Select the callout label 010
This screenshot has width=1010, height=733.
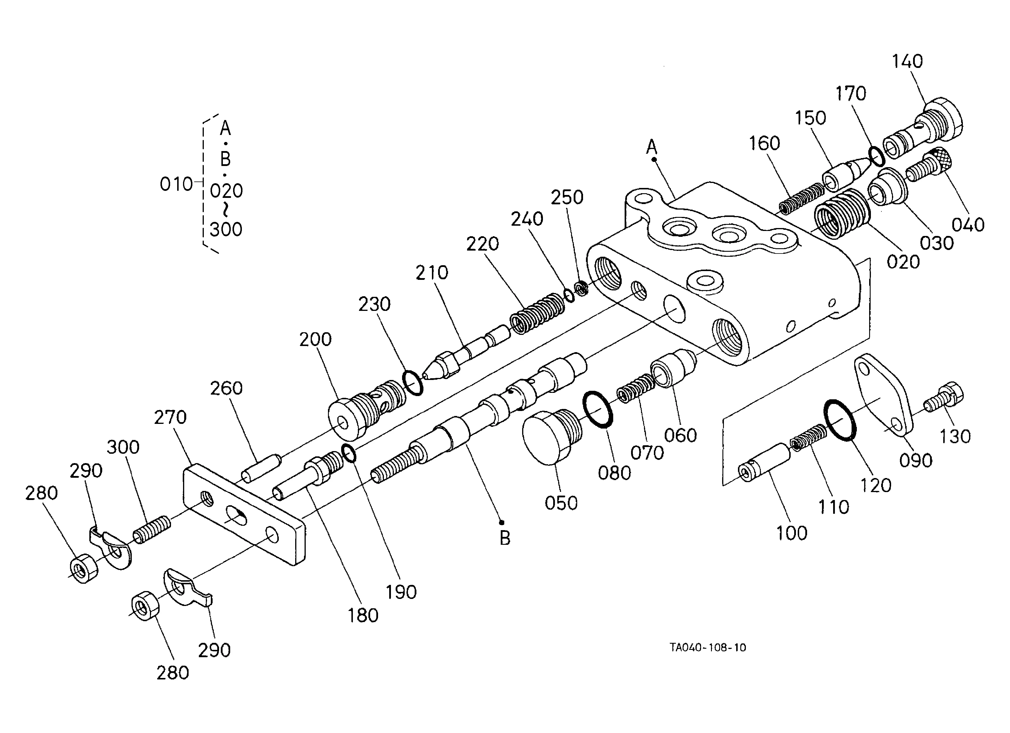pyautogui.click(x=176, y=184)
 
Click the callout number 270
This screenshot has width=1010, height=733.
pyautogui.click(x=170, y=417)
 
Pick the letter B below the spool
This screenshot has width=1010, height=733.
pyautogui.click(x=505, y=539)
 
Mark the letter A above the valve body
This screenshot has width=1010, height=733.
pyautogui.click(x=652, y=146)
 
